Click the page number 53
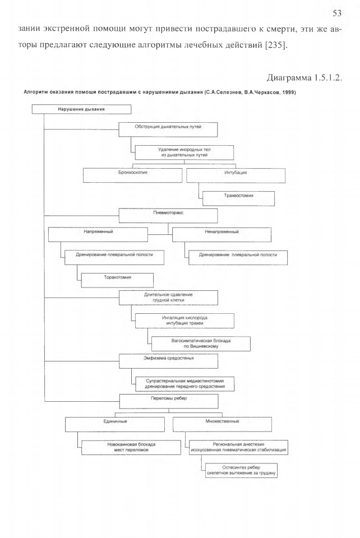point(336,13)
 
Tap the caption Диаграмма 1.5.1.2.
point(304,77)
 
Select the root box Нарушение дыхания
point(81,109)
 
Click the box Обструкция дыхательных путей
point(168,129)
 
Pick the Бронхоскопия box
point(132,175)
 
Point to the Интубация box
point(236,175)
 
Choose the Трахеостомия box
point(238,198)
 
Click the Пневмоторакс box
point(168,215)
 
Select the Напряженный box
point(98,235)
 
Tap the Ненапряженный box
point(221,235)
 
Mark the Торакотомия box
point(117,280)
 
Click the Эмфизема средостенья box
point(168,361)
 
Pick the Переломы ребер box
point(168,401)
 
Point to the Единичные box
point(115,424)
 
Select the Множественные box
point(223,424)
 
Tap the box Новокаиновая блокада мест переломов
point(131,447)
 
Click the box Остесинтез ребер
point(241,470)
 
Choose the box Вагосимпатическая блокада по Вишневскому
point(201,344)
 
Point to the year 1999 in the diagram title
point(289,92)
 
